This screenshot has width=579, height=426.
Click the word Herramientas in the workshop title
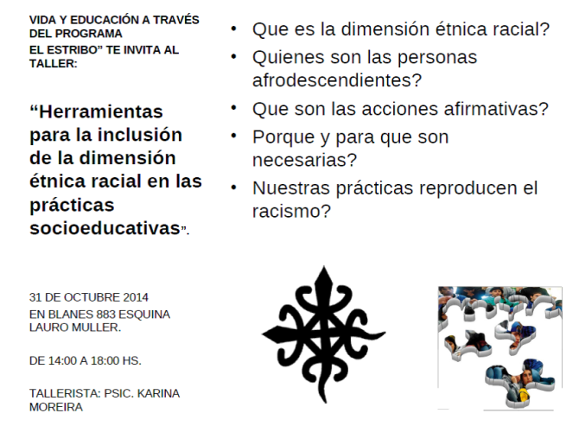coord(96,113)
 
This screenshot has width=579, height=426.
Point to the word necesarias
coord(302,160)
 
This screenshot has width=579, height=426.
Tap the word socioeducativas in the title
coord(104,229)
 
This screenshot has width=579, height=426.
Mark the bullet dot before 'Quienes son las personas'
coord(235,57)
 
